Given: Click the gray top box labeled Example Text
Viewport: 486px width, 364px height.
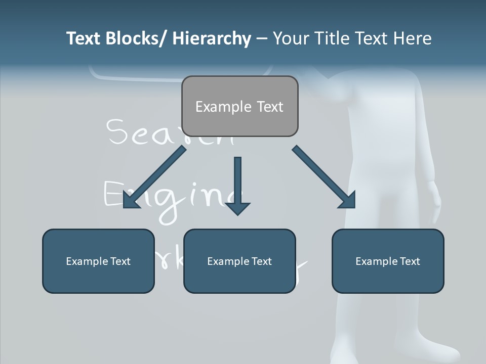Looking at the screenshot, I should [239, 106].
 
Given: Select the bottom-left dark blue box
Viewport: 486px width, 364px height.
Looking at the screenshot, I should [98, 261].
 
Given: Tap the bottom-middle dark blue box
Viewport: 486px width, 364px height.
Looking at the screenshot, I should [239, 261].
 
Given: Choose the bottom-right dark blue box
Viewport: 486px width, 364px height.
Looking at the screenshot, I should [388, 261].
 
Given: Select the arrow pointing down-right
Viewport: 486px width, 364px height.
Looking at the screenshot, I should [325, 177].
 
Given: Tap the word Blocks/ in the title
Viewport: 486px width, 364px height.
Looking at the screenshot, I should [136, 38].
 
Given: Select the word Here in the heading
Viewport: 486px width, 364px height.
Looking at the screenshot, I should [413, 38].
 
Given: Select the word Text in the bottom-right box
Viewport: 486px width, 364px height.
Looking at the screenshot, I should [409, 261].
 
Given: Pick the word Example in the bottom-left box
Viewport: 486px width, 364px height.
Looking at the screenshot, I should [87, 261].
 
